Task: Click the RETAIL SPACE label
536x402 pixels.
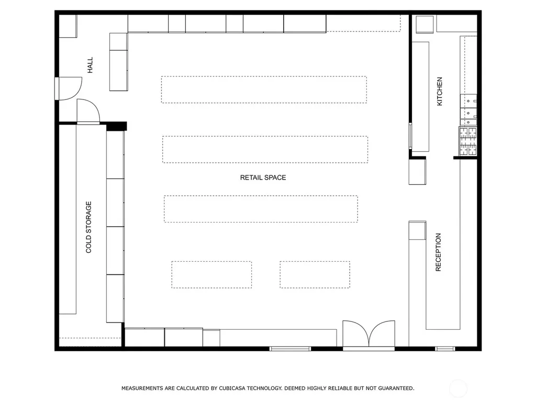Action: [263, 177]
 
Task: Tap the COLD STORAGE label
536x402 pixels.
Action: [88, 227]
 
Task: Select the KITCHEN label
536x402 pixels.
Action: [440, 91]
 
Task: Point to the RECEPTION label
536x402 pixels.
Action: [438, 252]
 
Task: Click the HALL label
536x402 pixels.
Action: [90, 65]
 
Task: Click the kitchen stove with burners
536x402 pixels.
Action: [467, 141]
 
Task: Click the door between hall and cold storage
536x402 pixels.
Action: [88, 111]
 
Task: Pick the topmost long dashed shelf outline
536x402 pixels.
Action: [264, 90]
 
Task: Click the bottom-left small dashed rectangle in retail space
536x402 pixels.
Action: [211, 275]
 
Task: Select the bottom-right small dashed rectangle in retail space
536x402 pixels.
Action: [315, 275]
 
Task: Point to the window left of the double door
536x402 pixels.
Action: [290, 349]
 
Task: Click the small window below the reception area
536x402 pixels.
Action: [445, 349]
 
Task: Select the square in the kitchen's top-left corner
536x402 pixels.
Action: [425, 24]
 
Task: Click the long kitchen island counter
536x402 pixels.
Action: [420, 97]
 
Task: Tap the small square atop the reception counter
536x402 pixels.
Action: [417, 230]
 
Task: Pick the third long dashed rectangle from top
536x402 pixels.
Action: [261, 209]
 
